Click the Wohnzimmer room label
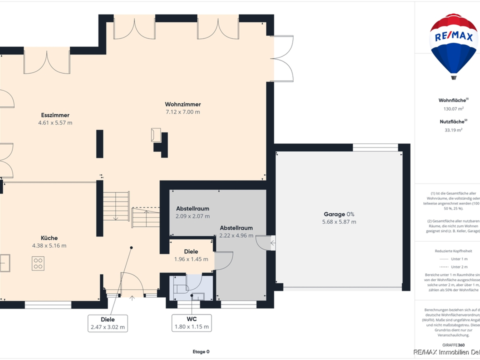click(x=183, y=104)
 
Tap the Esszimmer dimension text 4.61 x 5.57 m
click(x=55, y=122)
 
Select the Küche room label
click(x=49, y=238)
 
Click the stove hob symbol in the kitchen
click(x=38, y=263)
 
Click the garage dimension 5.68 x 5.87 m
click(x=339, y=222)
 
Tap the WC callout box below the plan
click(x=191, y=322)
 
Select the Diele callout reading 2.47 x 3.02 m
click(x=107, y=323)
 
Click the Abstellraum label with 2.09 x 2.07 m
click(x=192, y=208)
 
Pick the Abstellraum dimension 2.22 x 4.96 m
click(x=236, y=235)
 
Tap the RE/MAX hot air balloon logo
click(x=453, y=46)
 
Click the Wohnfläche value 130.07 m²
click(x=453, y=108)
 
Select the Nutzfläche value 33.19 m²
click(x=453, y=129)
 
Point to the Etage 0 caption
click(x=201, y=351)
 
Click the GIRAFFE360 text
click(x=453, y=345)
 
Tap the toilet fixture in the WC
click(x=180, y=288)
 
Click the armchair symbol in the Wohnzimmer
click(x=155, y=134)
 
